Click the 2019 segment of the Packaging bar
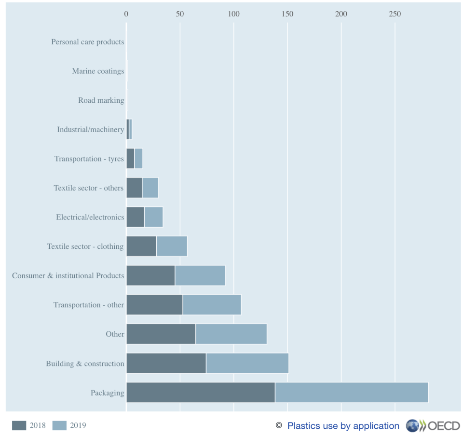click(x=351, y=393)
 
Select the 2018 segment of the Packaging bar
click(x=200, y=393)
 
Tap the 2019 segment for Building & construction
click(x=247, y=363)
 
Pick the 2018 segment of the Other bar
click(x=161, y=334)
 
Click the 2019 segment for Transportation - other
click(x=212, y=305)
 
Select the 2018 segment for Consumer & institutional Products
click(x=150, y=275)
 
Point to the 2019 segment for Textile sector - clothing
click(x=172, y=246)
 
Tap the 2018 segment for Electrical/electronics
click(x=135, y=217)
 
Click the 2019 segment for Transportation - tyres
click(x=138, y=159)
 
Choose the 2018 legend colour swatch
click(x=19, y=425)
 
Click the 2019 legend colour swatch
click(x=59, y=425)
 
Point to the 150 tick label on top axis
click(x=287, y=14)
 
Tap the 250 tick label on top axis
click(x=395, y=14)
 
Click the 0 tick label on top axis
click(x=126, y=14)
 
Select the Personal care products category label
click(x=87, y=42)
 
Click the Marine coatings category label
click(x=98, y=71)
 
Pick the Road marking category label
click(x=101, y=100)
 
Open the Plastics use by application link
click(x=343, y=426)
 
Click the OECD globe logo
click(x=413, y=425)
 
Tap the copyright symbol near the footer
click(x=279, y=425)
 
